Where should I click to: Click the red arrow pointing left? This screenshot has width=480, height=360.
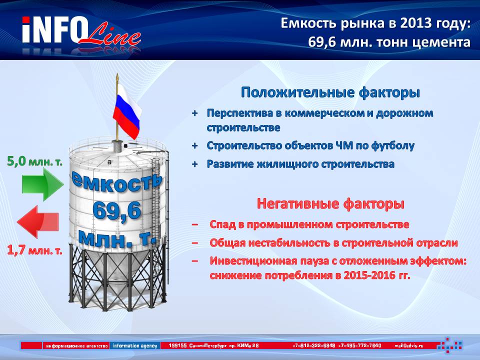(x=38, y=222)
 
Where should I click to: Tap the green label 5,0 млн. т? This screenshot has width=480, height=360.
(x=34, y=161)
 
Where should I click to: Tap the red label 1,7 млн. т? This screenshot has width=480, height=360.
(x=34, y=250)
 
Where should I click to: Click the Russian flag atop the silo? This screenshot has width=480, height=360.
(x=126, y=111)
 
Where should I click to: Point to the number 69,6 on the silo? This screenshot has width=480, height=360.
(x=116, y=211)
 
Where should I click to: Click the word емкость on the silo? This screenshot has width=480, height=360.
(x=116, y=182)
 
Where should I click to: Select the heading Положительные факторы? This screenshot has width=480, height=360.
(x=330, y=92)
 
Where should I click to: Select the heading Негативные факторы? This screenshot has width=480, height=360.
(x=330, y=204)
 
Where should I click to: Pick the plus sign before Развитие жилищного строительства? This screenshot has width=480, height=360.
(x=194, y=164)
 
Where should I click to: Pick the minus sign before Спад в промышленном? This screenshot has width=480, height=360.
(x=194, y=224)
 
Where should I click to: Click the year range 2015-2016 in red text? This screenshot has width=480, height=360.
(x=369, y=275)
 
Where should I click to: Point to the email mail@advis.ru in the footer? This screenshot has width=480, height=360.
(x=409, y=345)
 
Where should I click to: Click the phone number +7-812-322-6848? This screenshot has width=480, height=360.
(x=314, y=345)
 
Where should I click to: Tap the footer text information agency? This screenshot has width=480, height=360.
(x=135, y=345)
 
